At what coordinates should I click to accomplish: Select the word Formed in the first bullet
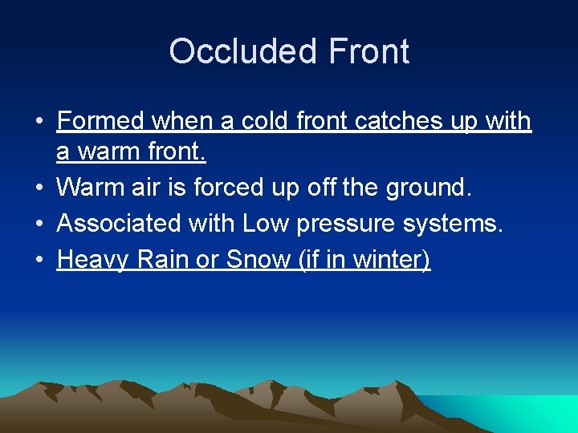tap(100, 121)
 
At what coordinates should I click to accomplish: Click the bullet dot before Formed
tap(39, 122)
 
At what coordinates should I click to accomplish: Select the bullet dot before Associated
tap(39, 224)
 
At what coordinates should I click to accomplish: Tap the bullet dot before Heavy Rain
tap(39, 260)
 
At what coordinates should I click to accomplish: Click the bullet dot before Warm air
tap(39, 188)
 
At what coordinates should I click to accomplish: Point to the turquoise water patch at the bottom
tap(514, 414)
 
